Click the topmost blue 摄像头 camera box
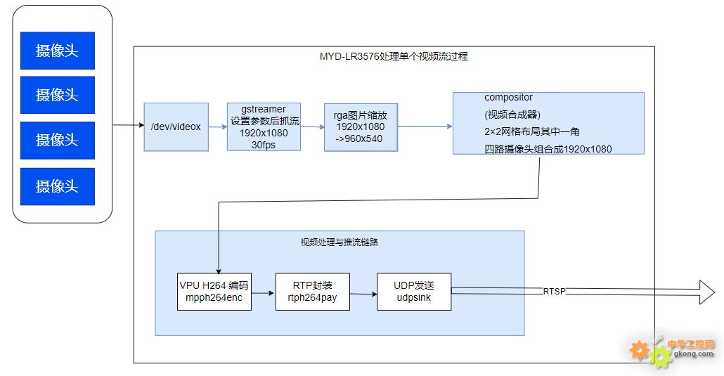pyautogui.click(x=57, y=50)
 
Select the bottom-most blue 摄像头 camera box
pyautogui.click(x=57, y=186)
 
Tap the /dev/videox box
pyautogui.click(x=176, y=127)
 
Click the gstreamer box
pyautogui.click(x=264, y=127)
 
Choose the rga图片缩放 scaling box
pyautogui.click(x=360, y=127)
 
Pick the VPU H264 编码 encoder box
pyautogui.click(x=214, y=292)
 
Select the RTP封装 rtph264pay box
pyautogui.click(x=312, y=292)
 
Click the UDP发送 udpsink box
pyautogui.click(x=414, y=292)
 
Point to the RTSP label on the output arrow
pyautogui.click(x=554, y=291)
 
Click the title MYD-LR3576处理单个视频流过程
pyautogui.click(x=394, y=56)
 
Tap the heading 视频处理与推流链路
pyautogui.click(x=340, y=242)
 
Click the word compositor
pyautogui.click(x=508, y=98)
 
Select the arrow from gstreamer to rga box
pyautogui.click(x=312, y=127)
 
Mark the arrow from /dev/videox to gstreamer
pyautogui.click(x=218, y=127)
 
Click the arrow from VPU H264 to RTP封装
pyautogui.click(x=264, y=292)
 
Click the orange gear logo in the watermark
pyautogui.click(x=640, y=349)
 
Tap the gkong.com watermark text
pyautogui.click(x=694, y=354)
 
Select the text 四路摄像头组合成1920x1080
pyautogui.click(x=548, y=149)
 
